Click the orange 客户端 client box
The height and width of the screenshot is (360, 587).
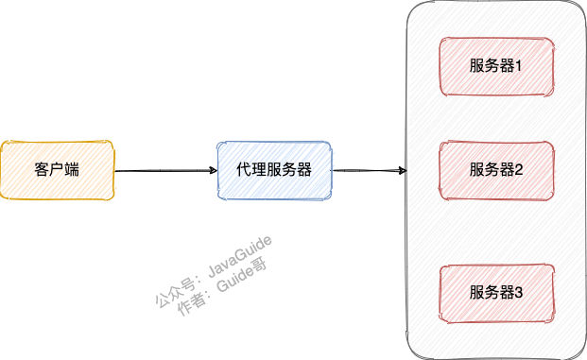[x=57, y=170]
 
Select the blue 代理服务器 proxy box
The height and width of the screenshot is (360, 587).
[x=274, y=170]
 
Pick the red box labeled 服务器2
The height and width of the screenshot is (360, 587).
[x=495, y=170]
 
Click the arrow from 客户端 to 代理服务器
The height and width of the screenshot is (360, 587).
[x=164, y=171]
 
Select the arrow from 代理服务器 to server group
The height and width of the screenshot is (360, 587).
[x=369, y=171]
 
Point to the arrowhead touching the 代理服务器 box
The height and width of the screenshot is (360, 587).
[x=213, y=171]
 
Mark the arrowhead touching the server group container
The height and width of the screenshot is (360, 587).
[x=403, y=171]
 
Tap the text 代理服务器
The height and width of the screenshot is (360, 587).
[x=274, y=170]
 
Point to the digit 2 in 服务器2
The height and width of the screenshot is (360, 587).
[x=519, y=170]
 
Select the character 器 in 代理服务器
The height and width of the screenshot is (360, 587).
[x=303, y=170]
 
